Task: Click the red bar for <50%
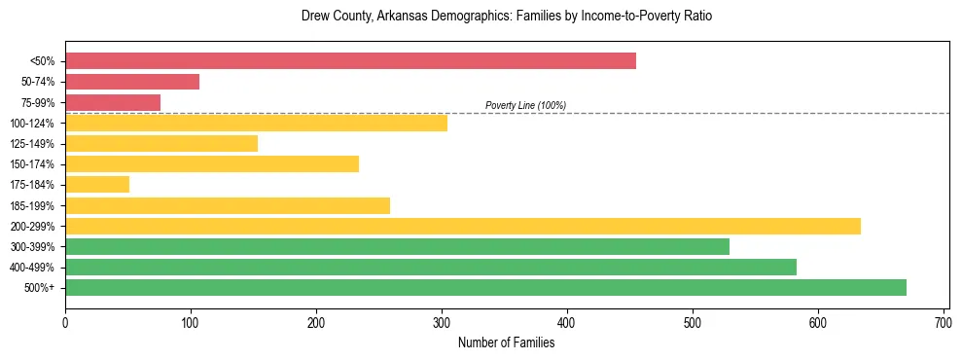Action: coord(350,61)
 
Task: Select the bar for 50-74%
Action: coord(132,82)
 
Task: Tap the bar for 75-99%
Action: coord(113,102)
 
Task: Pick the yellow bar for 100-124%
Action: coord(256,123)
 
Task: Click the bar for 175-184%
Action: coord(97,185)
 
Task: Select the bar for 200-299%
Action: coord(463,226)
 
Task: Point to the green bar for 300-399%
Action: coord(397,247)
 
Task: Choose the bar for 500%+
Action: coord(485,288)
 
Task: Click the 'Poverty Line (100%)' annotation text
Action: coord(525,105)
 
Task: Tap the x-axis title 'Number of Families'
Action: coord(506,342)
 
